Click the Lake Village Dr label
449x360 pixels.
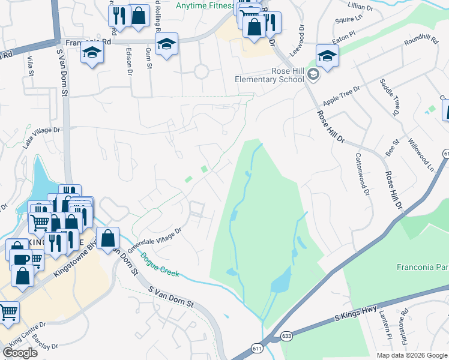point(42,137)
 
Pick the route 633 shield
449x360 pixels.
point(287,337)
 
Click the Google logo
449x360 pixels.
point(20,353)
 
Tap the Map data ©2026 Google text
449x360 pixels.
point(411,355)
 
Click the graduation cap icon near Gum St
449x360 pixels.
point(166,44)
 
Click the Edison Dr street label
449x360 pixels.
point(129,60)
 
